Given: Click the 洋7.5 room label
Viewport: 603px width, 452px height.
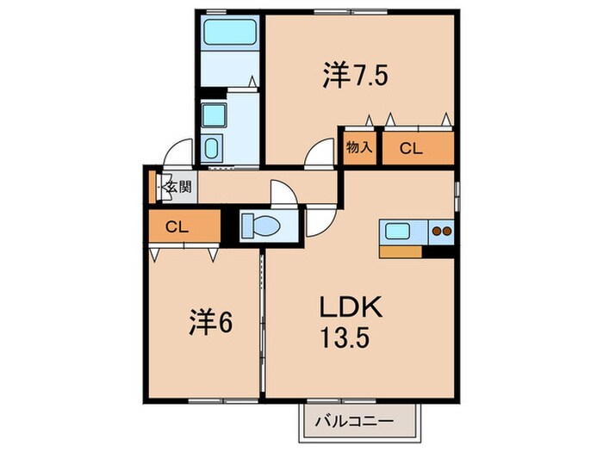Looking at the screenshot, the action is coord(355,76).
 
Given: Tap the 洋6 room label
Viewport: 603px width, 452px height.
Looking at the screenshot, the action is coord(211,322).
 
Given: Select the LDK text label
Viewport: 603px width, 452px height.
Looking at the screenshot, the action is coord(351,306).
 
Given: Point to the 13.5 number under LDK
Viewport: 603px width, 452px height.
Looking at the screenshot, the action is coord(345,337).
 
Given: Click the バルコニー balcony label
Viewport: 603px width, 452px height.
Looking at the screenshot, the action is coord(354,422).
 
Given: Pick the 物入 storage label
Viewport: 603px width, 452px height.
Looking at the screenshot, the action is coord(359,147).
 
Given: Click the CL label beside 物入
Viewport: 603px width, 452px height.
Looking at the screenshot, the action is coord(411,148).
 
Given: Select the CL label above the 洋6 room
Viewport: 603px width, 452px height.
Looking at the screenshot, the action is coord(177,227).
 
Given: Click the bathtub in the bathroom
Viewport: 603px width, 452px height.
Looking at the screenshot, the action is coord(230,32).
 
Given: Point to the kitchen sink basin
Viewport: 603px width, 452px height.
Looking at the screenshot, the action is coord(397,232).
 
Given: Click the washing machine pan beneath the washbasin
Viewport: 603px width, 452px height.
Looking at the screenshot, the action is coord(211,147).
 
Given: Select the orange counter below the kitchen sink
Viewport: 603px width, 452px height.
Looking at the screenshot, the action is coord(401,251).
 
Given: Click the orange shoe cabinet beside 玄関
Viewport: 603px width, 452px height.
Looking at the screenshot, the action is coord(152,187).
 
